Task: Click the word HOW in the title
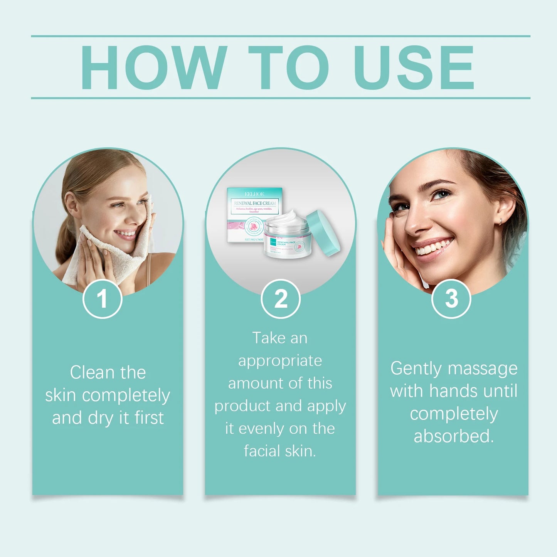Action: point(153,67)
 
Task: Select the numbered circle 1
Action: point(102,299)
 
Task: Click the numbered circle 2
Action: point(281,299)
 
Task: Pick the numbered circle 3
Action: point(451,299)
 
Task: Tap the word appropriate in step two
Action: point(280,361)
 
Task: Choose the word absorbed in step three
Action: point(453,436)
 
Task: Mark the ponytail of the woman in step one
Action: point(66,239)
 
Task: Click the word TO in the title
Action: point(288,67)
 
